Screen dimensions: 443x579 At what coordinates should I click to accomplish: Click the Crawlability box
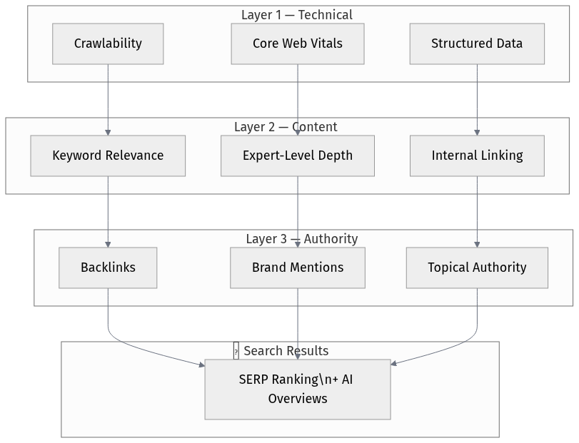(108, 44)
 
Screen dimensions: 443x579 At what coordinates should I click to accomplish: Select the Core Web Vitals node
(298, 44)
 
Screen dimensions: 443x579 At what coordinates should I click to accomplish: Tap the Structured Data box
(477, 44)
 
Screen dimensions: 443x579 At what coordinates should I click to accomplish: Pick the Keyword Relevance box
(108, 156)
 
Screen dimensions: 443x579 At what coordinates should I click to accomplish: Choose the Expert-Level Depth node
(298, 156)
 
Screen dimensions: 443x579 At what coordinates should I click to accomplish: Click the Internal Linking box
(477, 156)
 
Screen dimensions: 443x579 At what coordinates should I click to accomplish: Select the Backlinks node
(108, 268)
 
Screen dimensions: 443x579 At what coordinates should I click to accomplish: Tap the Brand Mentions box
(298, 268)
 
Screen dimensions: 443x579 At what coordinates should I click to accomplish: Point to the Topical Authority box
(477, 268)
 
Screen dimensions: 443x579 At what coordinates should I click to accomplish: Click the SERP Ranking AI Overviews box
(298, 389)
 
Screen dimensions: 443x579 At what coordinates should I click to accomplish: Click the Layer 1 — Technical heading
(297, 15)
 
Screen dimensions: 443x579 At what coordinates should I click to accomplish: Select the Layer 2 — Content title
(286, 127)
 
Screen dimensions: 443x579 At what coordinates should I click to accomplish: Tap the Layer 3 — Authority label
(301, 239)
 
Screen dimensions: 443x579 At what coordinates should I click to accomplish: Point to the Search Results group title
(286, 351)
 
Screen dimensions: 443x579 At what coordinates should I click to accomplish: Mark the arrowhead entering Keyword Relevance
(108, 132)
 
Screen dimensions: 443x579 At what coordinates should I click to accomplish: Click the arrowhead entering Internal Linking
(477, 132)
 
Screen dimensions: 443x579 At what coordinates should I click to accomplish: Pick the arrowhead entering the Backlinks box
(108, 244)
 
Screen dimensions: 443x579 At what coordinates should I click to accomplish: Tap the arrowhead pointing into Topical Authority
(477, 244)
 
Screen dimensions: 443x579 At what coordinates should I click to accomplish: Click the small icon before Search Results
(236, 351)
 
